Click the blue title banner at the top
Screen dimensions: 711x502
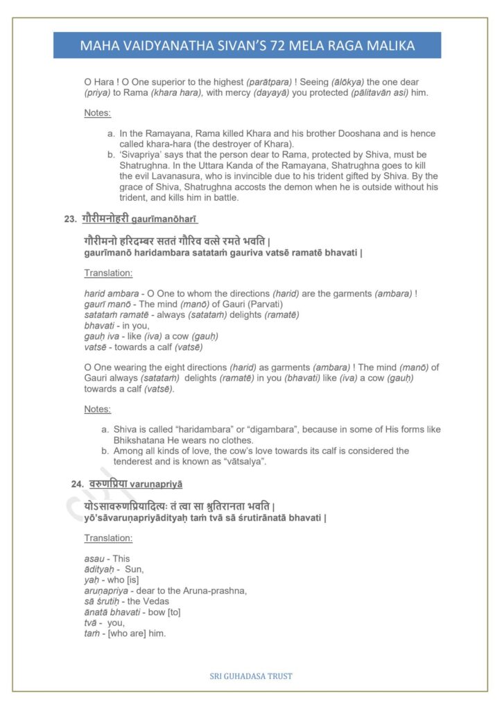pos(248,46)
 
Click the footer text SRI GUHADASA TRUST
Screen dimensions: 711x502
pos(251,676)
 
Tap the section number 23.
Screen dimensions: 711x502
pos(69,219)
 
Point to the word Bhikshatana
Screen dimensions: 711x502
pos(139,440)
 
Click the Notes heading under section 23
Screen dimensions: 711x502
pos(97,410)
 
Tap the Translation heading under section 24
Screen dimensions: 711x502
pos(108,538)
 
